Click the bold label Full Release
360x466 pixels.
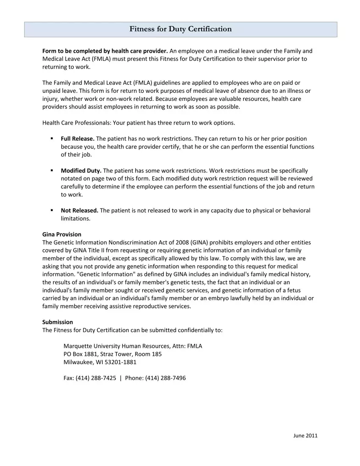78,139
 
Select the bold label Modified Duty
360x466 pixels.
81,171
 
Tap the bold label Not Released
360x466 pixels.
80,211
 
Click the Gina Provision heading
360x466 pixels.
62,234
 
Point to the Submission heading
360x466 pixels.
58,322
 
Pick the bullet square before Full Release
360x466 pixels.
52,139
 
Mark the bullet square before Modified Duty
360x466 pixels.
52,170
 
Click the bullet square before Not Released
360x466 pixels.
52,210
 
